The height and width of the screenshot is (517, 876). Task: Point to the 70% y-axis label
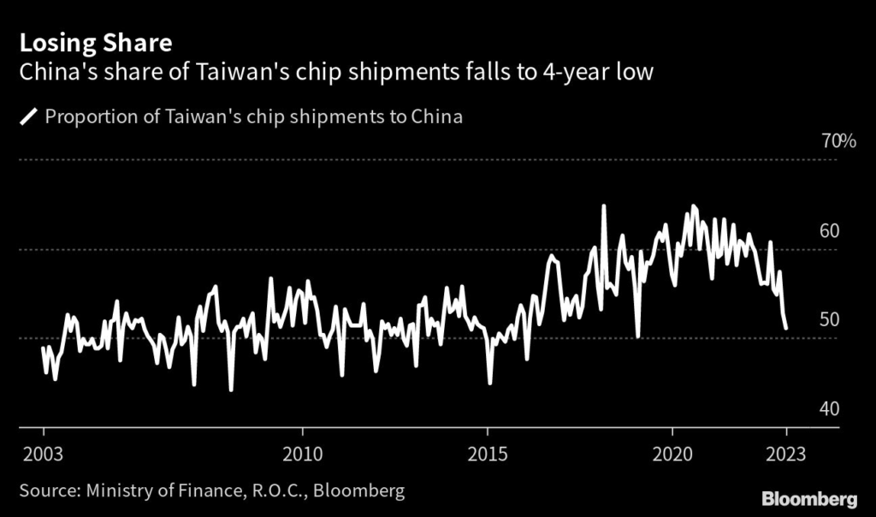(x=838, y=142)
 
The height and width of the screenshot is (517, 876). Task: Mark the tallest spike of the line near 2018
(x=604, y=206)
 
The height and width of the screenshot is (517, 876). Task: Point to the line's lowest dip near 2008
(x=231, y=390)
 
